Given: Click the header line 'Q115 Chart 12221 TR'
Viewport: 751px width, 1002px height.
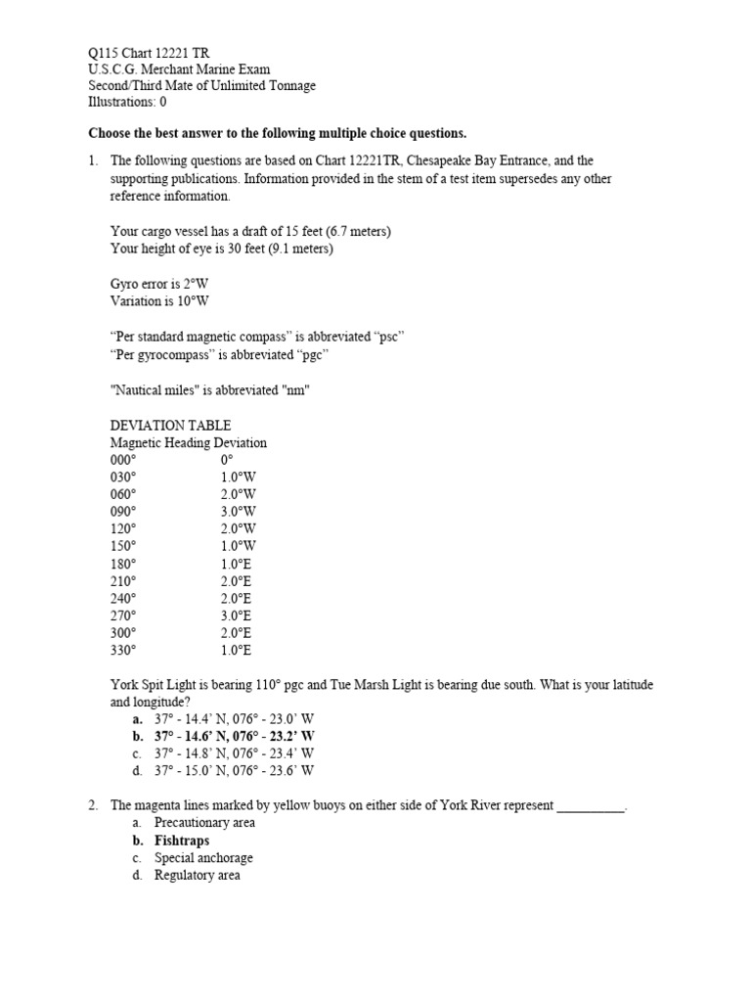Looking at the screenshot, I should pos(148,52).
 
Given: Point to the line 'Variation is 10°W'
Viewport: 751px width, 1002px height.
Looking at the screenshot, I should pos(160,301).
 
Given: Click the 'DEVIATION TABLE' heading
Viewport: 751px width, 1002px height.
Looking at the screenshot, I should pos(171,425).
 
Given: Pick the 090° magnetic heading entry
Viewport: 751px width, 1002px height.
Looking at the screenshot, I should pos(124,512).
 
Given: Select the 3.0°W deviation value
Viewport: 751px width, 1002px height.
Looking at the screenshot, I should pos(238,512).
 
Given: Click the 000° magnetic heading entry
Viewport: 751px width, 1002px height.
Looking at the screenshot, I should pos(124,459).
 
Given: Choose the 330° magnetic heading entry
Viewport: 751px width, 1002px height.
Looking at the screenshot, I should pos(124,650).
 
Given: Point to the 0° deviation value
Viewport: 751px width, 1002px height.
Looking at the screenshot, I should pos(227,459).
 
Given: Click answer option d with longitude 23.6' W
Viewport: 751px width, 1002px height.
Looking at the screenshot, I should pos(234,770).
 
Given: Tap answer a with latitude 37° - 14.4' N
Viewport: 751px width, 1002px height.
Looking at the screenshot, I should pos(234,718).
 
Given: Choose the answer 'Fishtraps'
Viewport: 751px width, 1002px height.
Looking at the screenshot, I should pos(182,841).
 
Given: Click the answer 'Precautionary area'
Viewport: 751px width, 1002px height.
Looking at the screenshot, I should pos(204,823).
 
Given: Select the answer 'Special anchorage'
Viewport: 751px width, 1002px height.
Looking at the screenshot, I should pos(203,858).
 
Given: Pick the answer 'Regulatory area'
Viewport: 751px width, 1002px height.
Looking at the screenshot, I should pos(197,876).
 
